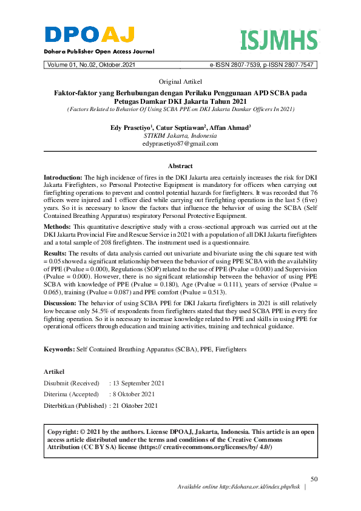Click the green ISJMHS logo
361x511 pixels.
coord(278,40)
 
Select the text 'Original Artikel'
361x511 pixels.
coord(180,81)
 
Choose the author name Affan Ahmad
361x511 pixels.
coord(230,128)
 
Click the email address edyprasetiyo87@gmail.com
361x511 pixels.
coord(180,144)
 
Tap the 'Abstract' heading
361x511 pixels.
coord(180,166)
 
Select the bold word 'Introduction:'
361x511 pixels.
coord(63,175)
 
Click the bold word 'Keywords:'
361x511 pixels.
coord(59,350)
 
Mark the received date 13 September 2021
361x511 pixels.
coord(138,384)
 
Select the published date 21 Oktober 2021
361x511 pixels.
coord(135,405)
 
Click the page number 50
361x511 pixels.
coord(314,478)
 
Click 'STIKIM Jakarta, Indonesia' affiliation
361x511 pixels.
coord(180,136)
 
